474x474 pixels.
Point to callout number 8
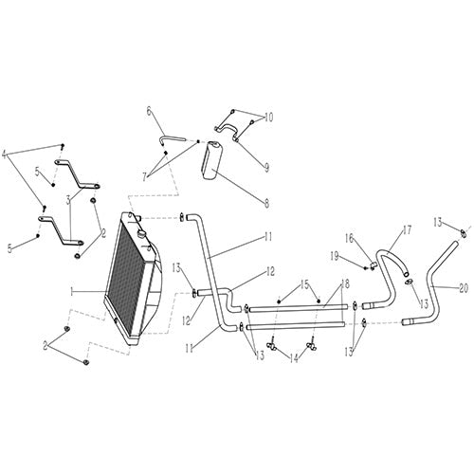point(266,201)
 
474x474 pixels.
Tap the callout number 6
point(149,111)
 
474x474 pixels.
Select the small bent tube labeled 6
point(171,139)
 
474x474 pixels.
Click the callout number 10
point(268,118)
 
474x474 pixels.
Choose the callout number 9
point(267,167)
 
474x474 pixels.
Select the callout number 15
point(304,283)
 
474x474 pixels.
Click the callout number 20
point(464,287)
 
